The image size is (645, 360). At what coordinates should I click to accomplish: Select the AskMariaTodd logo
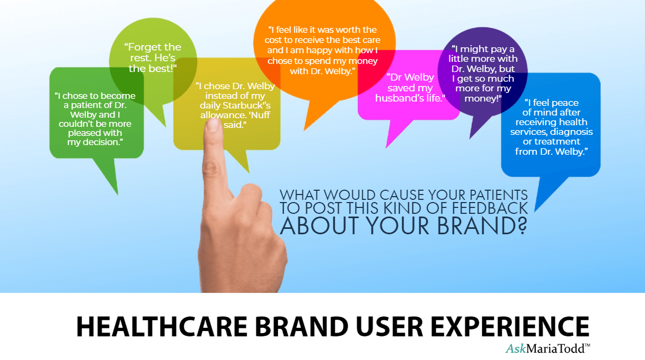click(x=547, y=349)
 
